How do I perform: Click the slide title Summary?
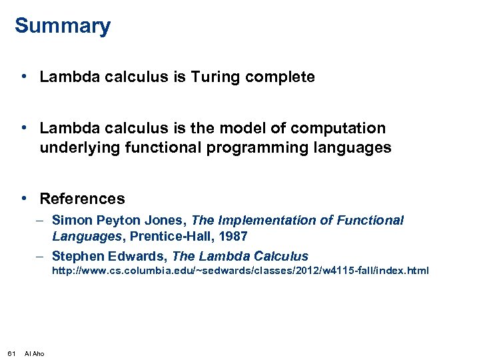pyautogui.click(x=63, y=27)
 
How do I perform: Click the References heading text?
pyautogui.click(x=82, y=199)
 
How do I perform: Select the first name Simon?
pyautogui.click(x=72, y=221)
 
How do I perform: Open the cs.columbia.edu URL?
pyautogui.click(x=241, y=271)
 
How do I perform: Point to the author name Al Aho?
pyautogui.click(x=35, y=353)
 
